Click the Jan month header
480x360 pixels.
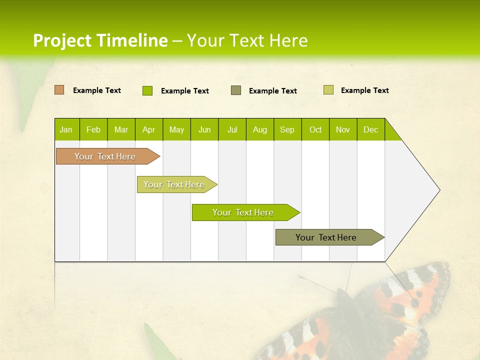66,129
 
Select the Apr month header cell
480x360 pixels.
148,129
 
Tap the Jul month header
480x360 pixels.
232,129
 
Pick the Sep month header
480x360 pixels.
287,129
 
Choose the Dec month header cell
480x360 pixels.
370,129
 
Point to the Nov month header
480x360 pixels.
343,129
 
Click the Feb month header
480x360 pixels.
93,129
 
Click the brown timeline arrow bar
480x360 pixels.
105,156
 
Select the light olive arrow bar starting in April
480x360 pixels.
174,184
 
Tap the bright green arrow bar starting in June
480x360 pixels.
243,212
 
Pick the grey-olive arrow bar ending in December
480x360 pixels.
326,237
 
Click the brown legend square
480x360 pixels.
59,90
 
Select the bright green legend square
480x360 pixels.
147,90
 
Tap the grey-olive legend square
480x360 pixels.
236,90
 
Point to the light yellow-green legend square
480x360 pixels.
328,90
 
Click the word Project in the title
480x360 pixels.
62,40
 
